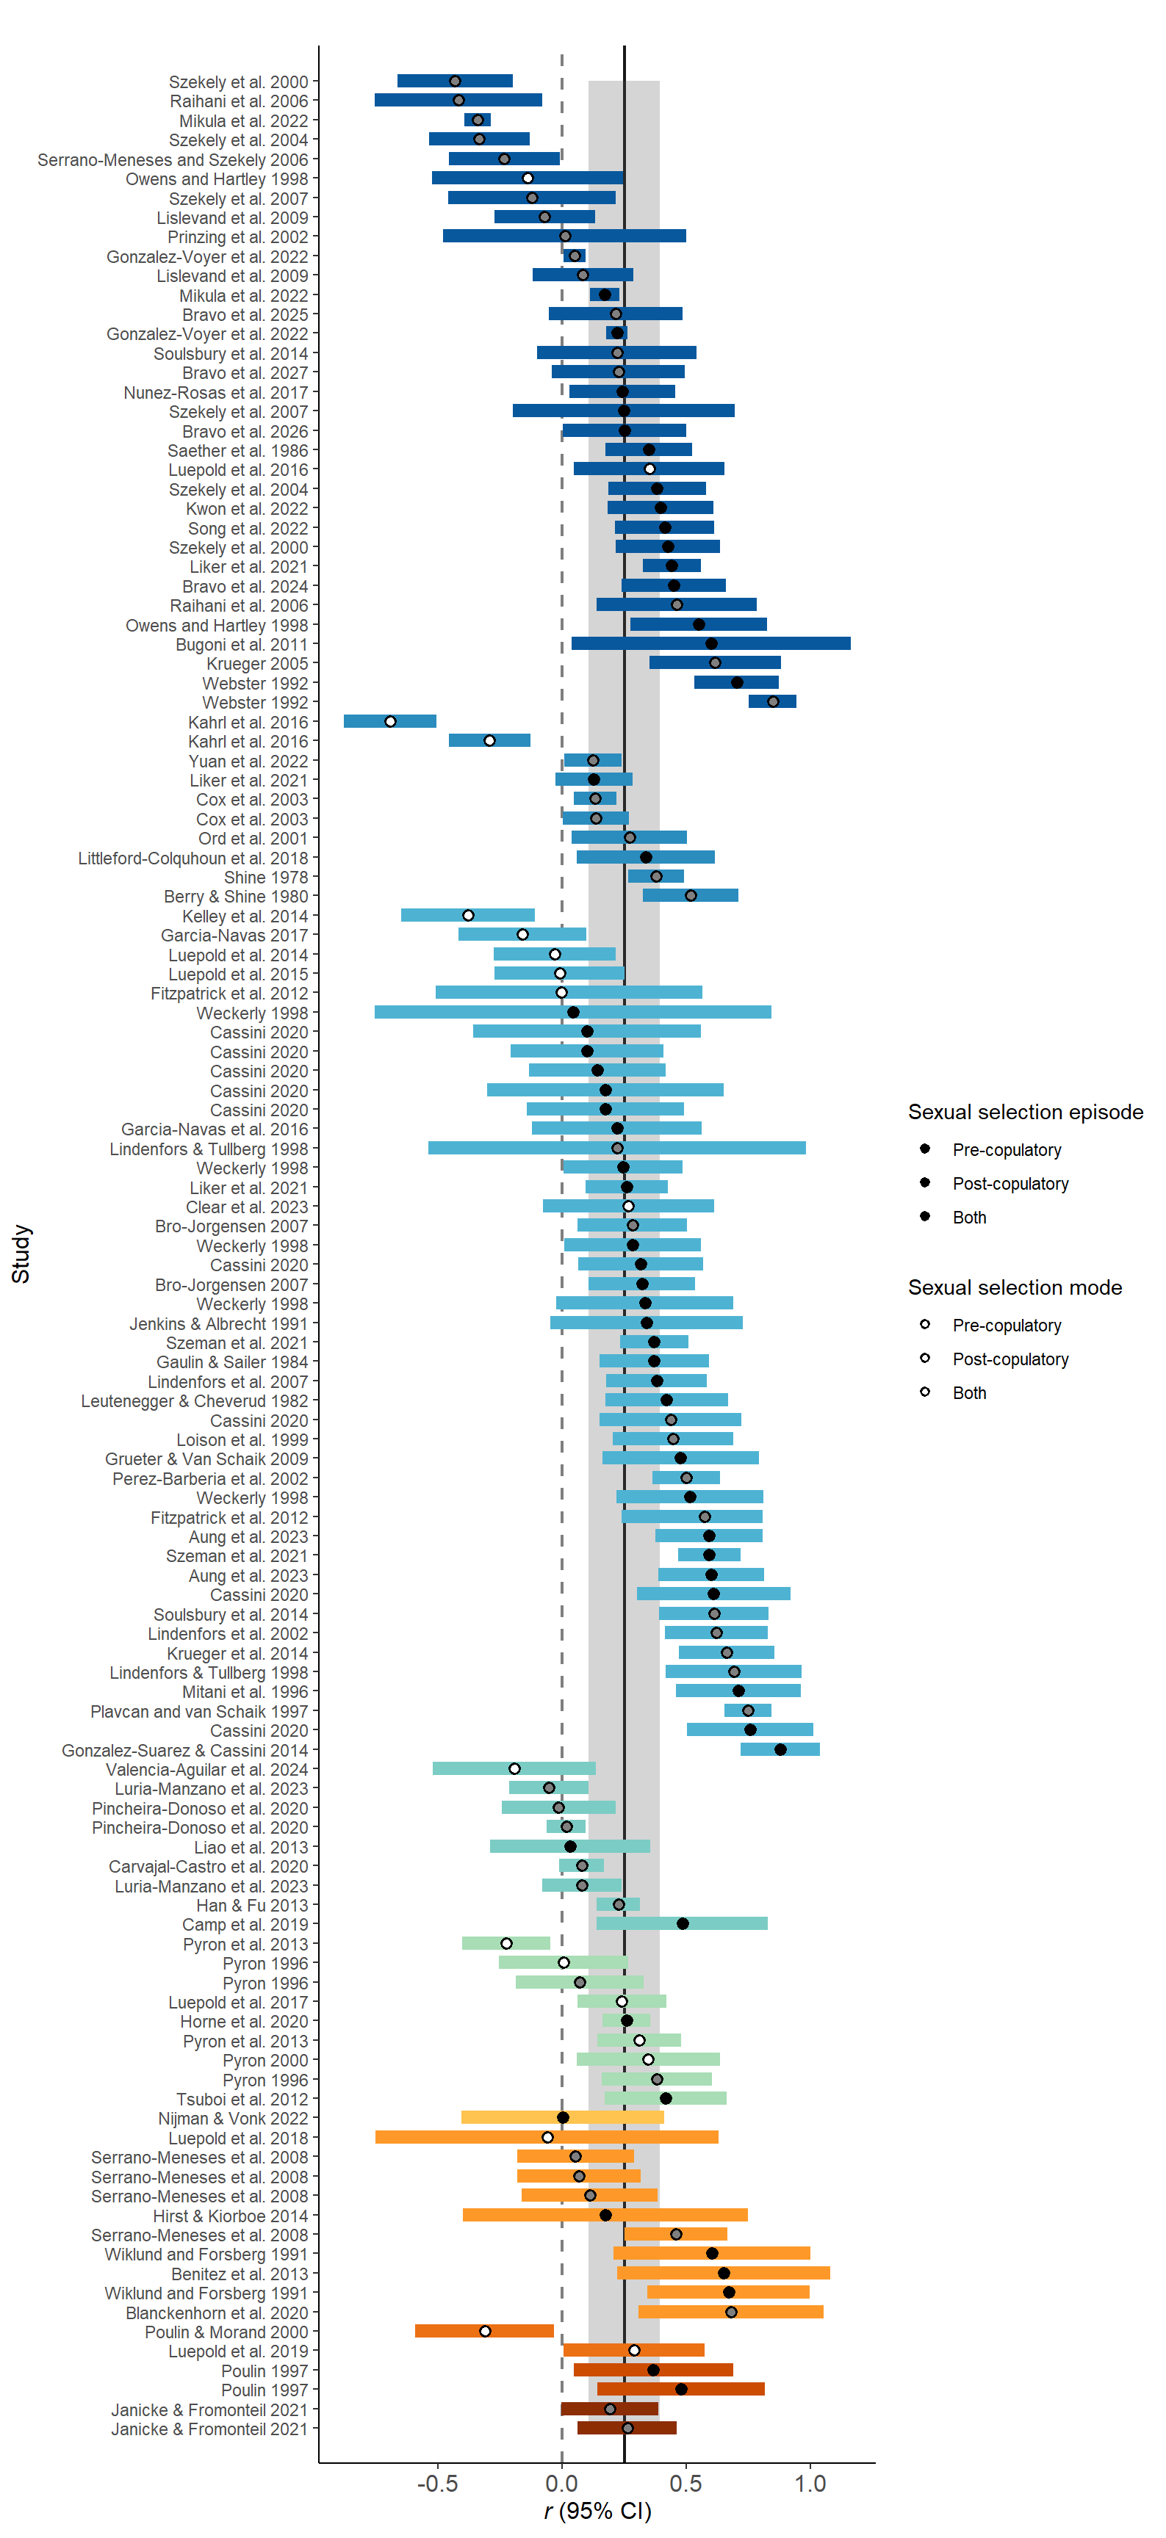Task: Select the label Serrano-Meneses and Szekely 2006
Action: click(x=173, y=159)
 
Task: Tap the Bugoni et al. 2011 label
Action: click(x=242, y=644)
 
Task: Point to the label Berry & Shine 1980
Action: click(x=236, y=897)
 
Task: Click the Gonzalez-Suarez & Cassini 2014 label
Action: click(x=184, y=1751)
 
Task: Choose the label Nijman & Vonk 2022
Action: click(x=233, y=2118)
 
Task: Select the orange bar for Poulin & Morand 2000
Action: click(x=484, y=2331)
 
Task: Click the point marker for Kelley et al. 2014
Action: click(x=468, y=915)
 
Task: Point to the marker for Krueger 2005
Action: click(x=715, y=663)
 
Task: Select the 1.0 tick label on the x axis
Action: click(x=810, y=2484)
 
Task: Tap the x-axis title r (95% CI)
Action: click(x=597, y=2510)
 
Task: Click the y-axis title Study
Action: click(x=21, y=1254)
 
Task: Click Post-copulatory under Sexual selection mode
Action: click(x=1010, y=1359)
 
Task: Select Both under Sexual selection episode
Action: click(x=969, y=1218)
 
